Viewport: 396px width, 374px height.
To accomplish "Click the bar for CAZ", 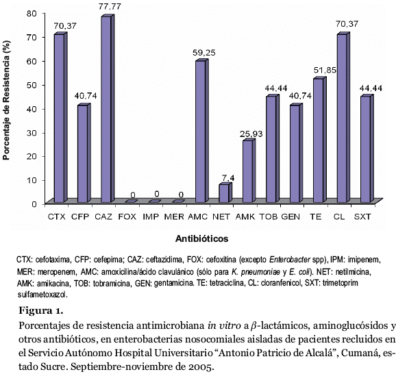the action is coord(108,108).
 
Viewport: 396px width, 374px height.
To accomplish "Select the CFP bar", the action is coord(84,153).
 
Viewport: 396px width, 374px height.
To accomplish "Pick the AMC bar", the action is coord(202,131).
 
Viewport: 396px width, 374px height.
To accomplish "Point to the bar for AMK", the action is coord(249,171).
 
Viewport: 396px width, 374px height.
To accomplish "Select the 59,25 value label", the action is coord(203,53).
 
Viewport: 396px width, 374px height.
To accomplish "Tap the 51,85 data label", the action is coord(325,70).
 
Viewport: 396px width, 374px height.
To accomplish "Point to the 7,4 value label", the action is coord(228,178).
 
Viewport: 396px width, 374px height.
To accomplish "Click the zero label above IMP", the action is coord(157,194).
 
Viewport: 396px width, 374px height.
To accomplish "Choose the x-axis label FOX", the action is coord(127,216).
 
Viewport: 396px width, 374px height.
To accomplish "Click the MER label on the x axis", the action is coord(174,216).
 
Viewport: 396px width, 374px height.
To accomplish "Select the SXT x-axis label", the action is coord(362,216).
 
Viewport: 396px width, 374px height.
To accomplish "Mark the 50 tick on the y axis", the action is coord(32,85).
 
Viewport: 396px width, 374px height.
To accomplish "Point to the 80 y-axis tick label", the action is coord(32,14).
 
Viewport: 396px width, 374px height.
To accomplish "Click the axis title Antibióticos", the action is coord(202,238).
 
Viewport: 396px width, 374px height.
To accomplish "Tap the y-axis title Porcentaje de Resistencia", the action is coord(6,101).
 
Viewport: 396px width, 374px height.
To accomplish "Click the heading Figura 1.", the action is coord(40,310).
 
